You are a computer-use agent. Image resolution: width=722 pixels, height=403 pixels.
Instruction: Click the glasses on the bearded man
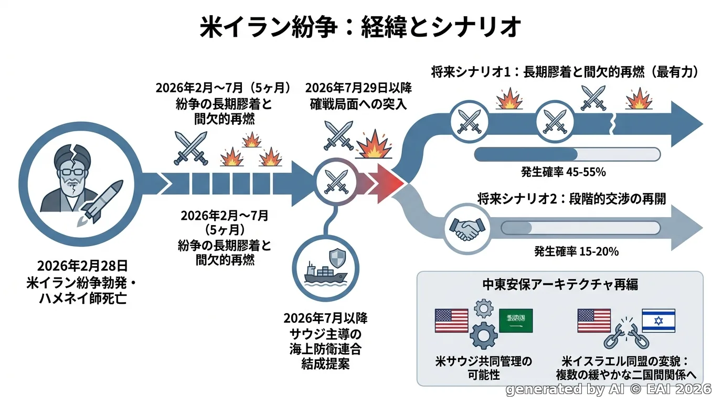coord(73,171)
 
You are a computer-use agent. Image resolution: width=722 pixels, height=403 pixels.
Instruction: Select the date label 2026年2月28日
coord(82,266)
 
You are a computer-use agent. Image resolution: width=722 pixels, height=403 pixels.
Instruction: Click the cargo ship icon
coord(325,274)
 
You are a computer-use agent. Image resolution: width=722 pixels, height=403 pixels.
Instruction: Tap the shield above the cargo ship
coord(337,258)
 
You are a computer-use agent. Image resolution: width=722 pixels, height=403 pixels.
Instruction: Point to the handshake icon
coord(467,229)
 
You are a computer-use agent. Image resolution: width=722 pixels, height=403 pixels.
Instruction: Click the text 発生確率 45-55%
coord(564,172)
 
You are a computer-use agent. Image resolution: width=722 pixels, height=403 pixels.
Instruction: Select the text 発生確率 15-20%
coord(576,251)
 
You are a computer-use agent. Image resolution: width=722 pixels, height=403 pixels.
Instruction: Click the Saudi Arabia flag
coord(516,321)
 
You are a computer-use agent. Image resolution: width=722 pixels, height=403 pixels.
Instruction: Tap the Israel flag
coord(659,321)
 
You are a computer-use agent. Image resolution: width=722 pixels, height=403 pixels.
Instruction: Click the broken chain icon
coord(627,334)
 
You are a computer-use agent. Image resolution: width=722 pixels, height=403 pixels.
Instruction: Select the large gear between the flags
coord(483,336)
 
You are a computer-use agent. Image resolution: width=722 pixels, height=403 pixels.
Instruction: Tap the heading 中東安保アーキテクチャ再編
coord(560,284)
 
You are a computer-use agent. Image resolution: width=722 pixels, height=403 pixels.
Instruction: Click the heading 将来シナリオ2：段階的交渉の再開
coord(571,198)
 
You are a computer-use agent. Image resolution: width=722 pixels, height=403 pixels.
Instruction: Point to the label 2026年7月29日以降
coord(358,88)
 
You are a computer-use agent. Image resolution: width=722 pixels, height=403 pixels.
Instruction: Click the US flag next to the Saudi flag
coord(451,321)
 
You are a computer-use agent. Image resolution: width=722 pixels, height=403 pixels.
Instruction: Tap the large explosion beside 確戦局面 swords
coord(374,144)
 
